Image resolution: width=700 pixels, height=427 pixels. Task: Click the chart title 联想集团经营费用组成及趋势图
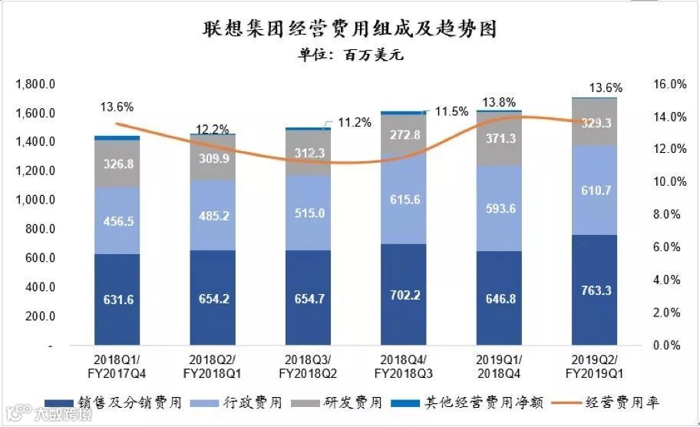tap(349, 30)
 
